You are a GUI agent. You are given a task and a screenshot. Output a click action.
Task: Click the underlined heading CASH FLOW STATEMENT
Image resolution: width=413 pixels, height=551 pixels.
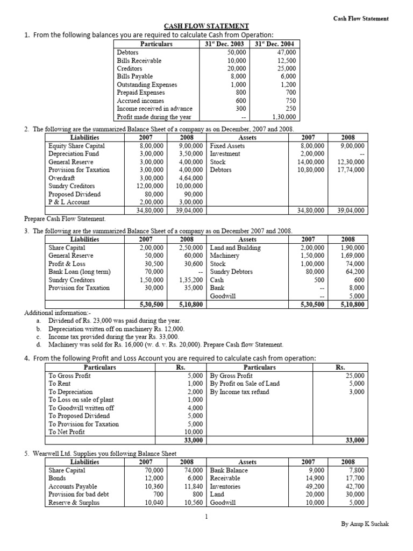206,26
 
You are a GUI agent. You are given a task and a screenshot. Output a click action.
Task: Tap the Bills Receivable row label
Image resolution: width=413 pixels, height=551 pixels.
139,61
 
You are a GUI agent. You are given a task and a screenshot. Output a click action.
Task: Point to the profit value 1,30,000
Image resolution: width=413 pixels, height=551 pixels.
284,117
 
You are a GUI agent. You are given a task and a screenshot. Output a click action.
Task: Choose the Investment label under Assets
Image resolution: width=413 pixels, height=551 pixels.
226,154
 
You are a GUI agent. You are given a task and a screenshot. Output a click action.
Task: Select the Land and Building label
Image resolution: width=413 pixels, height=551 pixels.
235,248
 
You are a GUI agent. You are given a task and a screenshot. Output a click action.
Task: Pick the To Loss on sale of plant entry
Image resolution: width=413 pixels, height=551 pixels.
81,400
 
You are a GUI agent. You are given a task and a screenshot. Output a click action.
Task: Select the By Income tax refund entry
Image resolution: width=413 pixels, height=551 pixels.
239,392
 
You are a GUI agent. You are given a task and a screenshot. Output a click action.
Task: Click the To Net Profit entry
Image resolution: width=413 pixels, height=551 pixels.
67,432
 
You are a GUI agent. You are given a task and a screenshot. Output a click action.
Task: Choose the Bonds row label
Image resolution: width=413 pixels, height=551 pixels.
57,478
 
